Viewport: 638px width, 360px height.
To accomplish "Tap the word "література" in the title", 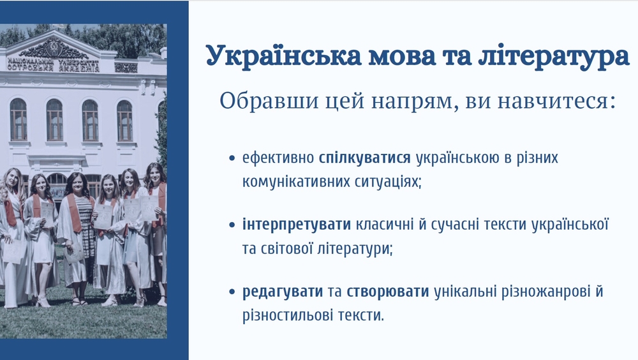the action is (x=554, y=56).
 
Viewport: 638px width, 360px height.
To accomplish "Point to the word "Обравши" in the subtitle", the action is (x=269, y=100).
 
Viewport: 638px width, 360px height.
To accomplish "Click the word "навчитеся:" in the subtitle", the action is (x=556, y=101).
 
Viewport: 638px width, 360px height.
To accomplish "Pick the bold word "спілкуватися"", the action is (x=364, y=158).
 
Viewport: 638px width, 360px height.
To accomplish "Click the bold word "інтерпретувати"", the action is (x=296, y=224).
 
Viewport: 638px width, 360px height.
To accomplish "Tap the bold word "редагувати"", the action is (x=283, y=292).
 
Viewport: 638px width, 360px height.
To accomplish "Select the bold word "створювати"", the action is (x=388, y=292).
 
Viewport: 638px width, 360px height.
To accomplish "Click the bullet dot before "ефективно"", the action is (x=232, y=158).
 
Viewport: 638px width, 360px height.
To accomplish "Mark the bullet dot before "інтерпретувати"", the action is (x=232, y=225).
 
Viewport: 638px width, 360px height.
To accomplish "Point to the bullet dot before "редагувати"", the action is (x=232, y=292).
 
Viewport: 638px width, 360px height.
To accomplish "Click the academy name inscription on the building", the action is (x=53, y=65).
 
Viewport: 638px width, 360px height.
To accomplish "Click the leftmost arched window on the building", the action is (x=19, y=119).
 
